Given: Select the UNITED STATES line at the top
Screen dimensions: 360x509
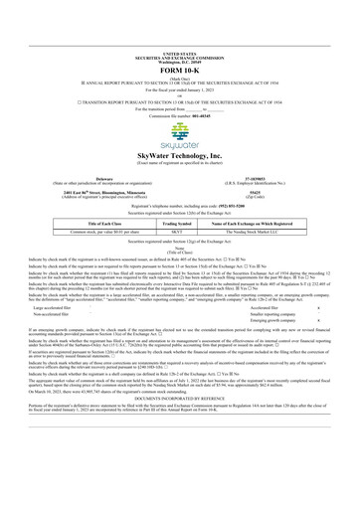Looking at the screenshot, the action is [180, 5].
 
